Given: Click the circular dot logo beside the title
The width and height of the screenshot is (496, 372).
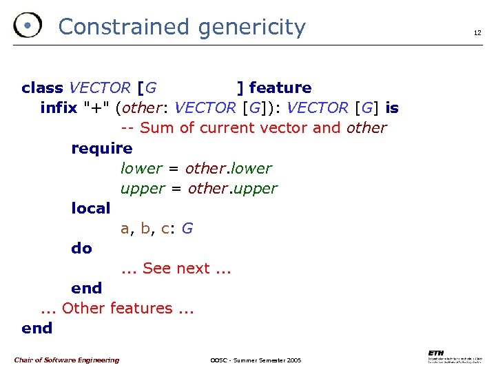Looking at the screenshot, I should pyautogui.click(x=27, y=25).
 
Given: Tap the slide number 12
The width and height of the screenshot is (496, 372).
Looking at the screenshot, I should pyautogui.click(x=476, y=32).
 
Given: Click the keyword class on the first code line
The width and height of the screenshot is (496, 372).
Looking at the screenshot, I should pyautogui.click(x=42, y=87).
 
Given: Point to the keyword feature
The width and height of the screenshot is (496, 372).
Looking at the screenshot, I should pyautogui.click(x=280, y=87).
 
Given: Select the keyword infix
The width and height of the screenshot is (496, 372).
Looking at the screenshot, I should pyautogui.click(x=59, y=107).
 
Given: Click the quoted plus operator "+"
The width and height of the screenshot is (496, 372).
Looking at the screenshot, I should pyautogui.click(x=96, y=107).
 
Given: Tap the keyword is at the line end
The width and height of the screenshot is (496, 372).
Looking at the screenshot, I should pyautogui.click(x=392, y=107).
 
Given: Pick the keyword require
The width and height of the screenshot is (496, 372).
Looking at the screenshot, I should pyautogui.click(x=101, y=148).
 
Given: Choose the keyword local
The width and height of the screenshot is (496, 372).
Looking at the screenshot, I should pyautogui.click(x=90, y=208).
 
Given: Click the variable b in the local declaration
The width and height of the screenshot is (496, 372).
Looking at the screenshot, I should pyautogui.click(x=145, y=228).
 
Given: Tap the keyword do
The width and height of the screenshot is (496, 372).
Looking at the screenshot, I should pyautogui.click(x=81, y=248).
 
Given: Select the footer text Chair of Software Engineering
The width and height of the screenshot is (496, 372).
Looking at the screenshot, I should pyautogui.click(x=66, y=360).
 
